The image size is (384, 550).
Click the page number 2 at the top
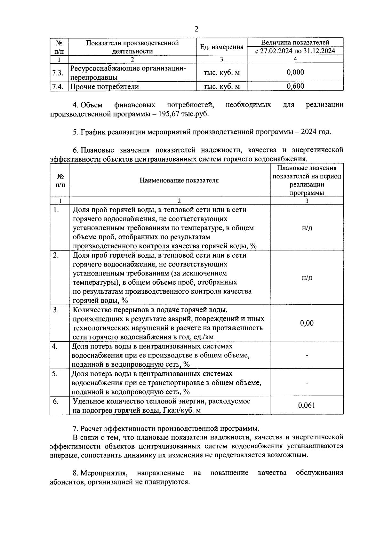coord(196,29)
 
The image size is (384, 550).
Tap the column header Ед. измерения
coord(221,47)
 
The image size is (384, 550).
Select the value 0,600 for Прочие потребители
coord(295,86)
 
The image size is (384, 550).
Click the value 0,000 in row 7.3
coord(295,72)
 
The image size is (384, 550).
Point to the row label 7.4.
coord(58,86)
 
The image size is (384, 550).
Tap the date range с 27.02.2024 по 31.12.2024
coord(295,51)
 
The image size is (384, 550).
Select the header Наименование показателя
coord(179,180)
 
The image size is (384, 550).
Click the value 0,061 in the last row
coord(307,405)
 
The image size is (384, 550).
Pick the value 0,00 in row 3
coord(307,323)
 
